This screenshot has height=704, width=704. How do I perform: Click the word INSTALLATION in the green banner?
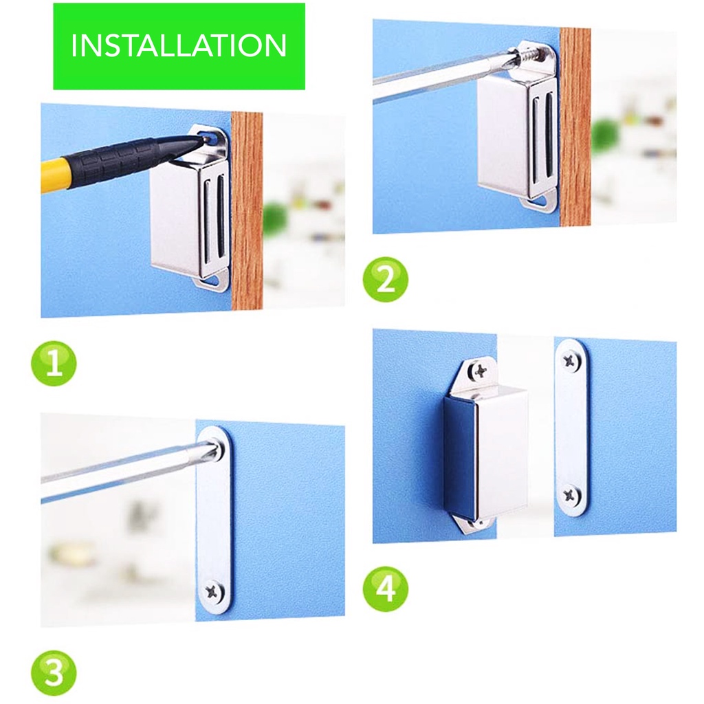point(179,45)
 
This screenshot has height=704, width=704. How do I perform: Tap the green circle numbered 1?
point(54,363)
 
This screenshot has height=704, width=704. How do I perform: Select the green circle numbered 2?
point(386,279)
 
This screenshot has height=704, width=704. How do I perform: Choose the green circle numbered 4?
point(386,588)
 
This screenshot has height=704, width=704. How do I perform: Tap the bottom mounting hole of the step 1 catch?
point(215,281)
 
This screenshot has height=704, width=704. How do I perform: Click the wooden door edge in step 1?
point(247,211)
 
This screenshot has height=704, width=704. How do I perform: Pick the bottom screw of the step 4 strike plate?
point(570,496)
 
